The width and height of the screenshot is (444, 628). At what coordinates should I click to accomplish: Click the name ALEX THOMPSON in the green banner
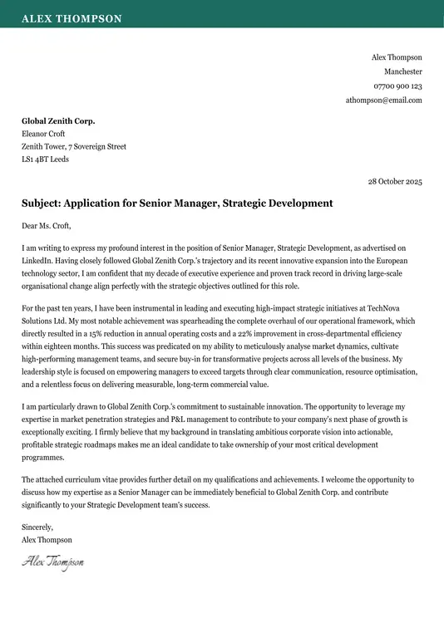pyautogui.click(x=72, y=18)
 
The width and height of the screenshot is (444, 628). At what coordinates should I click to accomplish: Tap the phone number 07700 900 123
pyautogui.click(x=397, y=86)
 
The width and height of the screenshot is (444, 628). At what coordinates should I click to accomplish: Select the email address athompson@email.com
pyautogui.click(x=384, y=100)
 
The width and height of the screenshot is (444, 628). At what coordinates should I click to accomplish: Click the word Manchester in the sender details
pyautogui.click(x=402, y=71)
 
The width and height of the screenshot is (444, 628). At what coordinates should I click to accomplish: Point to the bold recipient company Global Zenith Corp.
pyautogui.click(x=58, y=121)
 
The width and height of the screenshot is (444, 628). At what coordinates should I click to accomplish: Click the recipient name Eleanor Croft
pyautogui.click(x=43, y=134)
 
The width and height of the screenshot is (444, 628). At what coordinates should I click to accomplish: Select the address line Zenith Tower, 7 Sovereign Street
pyautogui.click(x=74, y=146)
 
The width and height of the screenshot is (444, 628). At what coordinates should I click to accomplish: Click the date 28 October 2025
pyautogui.click(x=395, y=181)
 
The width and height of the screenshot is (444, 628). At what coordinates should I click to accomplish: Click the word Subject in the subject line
pyautogui.click(x=41, y=203)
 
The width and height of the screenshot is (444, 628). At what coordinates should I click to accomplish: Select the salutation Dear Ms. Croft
pyautogui.click(x=47, y=225)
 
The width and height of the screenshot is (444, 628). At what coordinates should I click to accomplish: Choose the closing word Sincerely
pyautogui.click(x=37, y=527)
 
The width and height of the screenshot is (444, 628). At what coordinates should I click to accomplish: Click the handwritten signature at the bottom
pyautogui.click(x=52, y=562)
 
